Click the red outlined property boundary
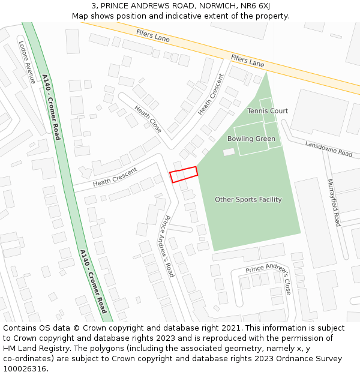(184, 174)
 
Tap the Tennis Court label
(268, 111)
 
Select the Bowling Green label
(251, 139)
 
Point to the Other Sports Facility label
(248, 200)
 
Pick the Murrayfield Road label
(334, 203)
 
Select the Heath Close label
(148, 119)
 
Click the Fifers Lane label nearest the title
(153, 36)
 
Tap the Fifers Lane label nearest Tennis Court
(247, 61)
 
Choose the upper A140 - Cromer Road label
(51, 107)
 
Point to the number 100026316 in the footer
(25, 368)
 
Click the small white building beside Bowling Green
(229, 152)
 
